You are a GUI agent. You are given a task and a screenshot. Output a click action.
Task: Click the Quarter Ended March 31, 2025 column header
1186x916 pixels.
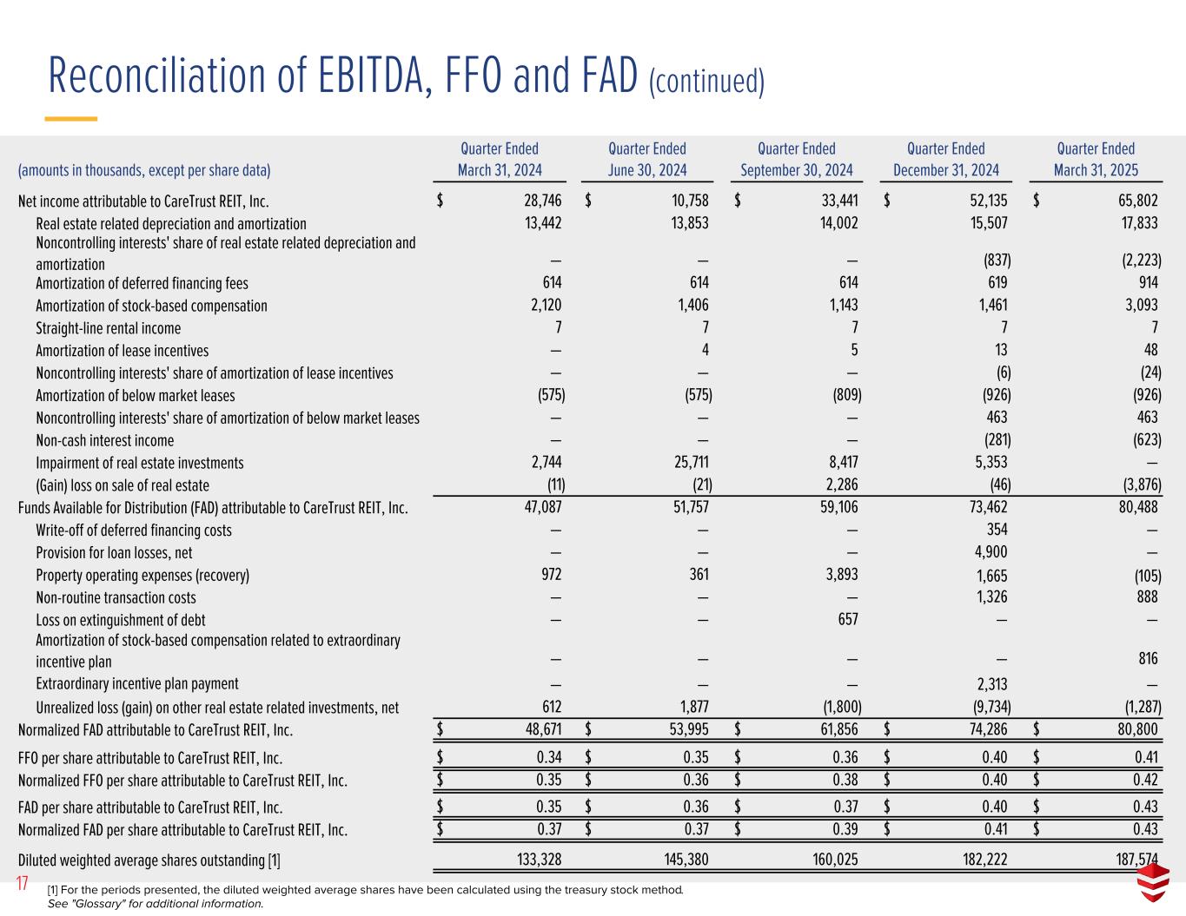point(1095,160)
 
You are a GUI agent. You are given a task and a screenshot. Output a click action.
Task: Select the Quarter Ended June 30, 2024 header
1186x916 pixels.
point(646,160)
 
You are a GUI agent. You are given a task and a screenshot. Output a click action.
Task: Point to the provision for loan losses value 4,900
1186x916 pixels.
point(991,553)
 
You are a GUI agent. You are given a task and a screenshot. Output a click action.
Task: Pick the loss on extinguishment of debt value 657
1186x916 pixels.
point(846,619)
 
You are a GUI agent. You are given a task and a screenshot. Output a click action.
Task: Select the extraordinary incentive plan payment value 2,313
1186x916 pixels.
point(991,684)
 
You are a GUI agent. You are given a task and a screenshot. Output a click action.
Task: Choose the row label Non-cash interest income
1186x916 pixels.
point(104,440)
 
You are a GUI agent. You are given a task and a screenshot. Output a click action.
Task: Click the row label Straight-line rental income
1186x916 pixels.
point(108,328)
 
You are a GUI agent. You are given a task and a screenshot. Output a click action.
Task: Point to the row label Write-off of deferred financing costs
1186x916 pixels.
point(134,530)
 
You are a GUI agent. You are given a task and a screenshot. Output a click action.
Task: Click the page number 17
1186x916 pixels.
point(23,885)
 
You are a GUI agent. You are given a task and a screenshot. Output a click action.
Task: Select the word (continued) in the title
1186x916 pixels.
point(706,82)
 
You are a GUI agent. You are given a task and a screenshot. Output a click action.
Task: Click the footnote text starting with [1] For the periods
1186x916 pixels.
point(365,890)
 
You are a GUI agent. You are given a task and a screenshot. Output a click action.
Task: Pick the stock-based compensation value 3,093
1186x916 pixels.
point(1139,306)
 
